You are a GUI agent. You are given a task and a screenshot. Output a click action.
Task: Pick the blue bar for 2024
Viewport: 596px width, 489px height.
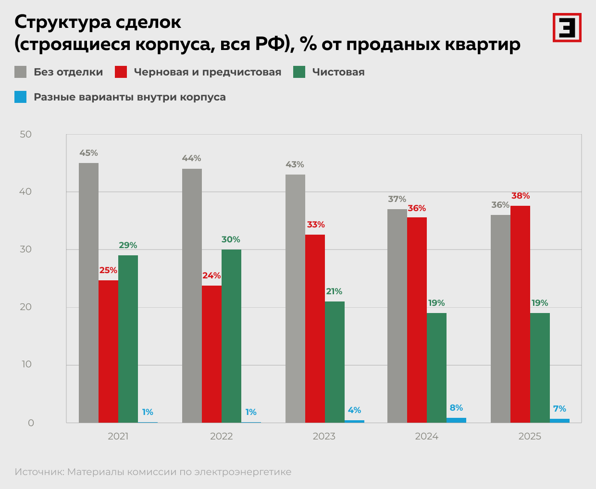point(456,420)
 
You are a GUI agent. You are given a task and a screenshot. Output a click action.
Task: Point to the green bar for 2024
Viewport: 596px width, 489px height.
point(436,367)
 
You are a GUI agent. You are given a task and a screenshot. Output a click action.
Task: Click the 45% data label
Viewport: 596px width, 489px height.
point(88,153)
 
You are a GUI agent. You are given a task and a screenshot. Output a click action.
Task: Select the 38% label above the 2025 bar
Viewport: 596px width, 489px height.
point(521,196)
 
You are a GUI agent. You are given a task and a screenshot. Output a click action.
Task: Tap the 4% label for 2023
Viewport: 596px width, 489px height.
point(354,410)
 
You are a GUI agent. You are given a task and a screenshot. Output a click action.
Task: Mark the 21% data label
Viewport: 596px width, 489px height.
point(334,291)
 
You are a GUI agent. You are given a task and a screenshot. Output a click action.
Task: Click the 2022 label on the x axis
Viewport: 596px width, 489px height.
point(221,436)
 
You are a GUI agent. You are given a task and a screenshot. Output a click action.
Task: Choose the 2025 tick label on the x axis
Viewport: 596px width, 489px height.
point(530,436)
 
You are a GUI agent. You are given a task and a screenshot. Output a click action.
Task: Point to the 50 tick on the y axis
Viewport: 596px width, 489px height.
point(26,135)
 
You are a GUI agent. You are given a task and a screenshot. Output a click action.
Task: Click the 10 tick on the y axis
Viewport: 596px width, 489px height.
point(26,364)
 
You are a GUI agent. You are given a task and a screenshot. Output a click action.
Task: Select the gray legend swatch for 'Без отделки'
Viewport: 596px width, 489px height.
point(21,72)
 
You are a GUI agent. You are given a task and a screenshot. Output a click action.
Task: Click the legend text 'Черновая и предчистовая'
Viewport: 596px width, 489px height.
point(207,72)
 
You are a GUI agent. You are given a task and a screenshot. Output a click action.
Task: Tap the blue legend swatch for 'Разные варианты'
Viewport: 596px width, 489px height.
point(21,97)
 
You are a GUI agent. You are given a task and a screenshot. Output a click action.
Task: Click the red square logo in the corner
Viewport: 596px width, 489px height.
point(567,27)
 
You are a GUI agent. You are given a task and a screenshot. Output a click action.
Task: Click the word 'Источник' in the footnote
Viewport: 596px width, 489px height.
point(39,472)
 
